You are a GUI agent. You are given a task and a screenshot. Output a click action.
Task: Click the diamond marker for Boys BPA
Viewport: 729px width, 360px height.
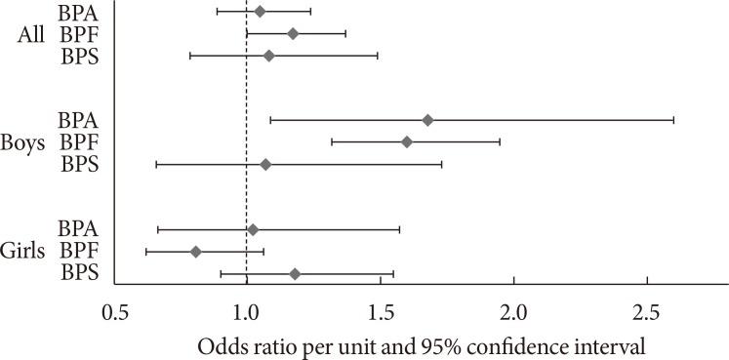[x=427, y=120]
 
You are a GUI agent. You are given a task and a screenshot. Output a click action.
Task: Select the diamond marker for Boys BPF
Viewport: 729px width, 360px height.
[x=407, y=142]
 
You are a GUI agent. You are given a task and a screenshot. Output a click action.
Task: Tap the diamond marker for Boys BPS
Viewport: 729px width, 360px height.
[x=265, y=165]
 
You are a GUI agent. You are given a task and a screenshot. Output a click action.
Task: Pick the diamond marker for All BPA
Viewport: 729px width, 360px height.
[x=260, y=12]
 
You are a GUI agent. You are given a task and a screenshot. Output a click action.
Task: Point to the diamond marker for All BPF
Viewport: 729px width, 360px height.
[x=293, y=34]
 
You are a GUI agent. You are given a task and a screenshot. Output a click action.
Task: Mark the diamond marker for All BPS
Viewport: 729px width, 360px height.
[x=269, y=56]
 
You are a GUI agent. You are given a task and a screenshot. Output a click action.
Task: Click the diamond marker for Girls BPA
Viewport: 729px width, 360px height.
[x=253, y=230]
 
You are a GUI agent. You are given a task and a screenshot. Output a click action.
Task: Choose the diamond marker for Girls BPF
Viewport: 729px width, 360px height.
[x=196, y=252]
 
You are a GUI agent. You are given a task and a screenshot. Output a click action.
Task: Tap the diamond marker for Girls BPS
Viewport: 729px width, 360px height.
[x=295, y=274]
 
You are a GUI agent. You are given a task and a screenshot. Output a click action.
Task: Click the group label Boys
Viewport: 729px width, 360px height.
[x=24, y=142]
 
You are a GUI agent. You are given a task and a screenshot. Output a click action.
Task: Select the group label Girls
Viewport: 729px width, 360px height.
[x=24, y=252]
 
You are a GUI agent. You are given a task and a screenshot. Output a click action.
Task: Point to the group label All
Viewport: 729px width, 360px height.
[x=32, y=34]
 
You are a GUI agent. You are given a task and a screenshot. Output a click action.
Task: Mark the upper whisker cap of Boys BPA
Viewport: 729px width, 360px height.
[x=673, y=120]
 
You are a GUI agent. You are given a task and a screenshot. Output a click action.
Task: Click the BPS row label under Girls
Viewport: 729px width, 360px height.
[x=80, y=274]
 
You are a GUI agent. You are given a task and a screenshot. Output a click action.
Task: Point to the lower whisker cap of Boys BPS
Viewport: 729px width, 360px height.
[x=156, y=165]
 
